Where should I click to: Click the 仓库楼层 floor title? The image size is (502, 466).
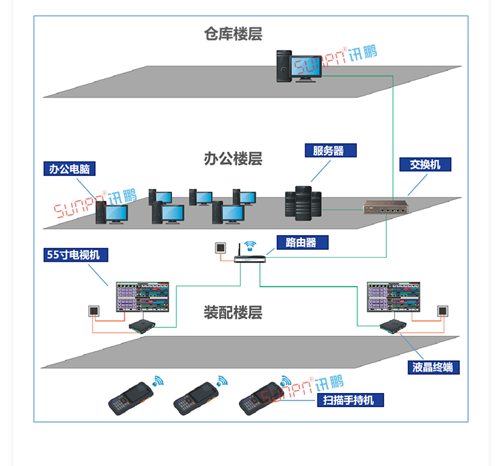click(233, 34)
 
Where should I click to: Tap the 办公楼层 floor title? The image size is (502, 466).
click(233, 159)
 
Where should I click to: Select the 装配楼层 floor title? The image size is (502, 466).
click(233, 312)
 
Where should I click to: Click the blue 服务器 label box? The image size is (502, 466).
click(330, 151)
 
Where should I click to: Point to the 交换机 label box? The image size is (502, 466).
click(426, 164)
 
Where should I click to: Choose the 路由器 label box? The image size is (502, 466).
click(302, 242)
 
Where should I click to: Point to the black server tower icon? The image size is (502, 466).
click(303, 204)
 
